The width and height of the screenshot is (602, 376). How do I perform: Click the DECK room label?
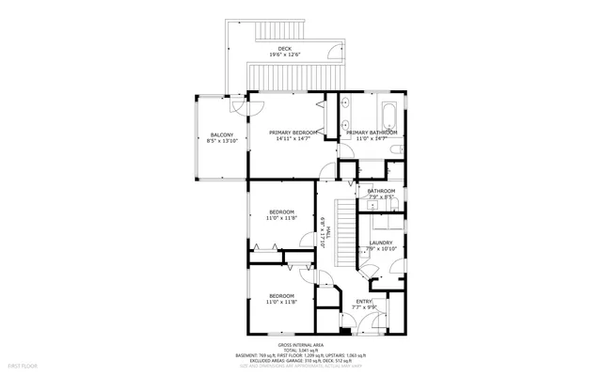tap(284, 49)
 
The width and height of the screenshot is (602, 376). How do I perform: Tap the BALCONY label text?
tap(222, 133)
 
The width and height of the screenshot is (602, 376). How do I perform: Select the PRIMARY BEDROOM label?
tap(291, 133)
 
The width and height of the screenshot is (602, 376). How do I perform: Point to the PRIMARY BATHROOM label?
tap(371, 133)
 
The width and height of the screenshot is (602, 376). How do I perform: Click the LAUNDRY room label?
tap(381, 243)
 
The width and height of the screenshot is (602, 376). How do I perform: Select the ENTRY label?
tap(364, 301)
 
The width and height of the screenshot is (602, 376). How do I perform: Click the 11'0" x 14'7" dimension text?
tap(371, 139)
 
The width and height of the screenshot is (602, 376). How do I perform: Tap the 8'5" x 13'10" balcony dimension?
tap(222, 140)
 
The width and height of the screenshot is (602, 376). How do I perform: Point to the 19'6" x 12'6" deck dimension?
tap(284, 55)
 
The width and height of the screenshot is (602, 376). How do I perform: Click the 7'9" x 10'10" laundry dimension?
tap(381, 250)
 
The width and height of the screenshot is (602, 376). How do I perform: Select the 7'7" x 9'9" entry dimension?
tap(364, 307)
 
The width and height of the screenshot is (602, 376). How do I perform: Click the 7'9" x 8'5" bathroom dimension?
tap(381, 197)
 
